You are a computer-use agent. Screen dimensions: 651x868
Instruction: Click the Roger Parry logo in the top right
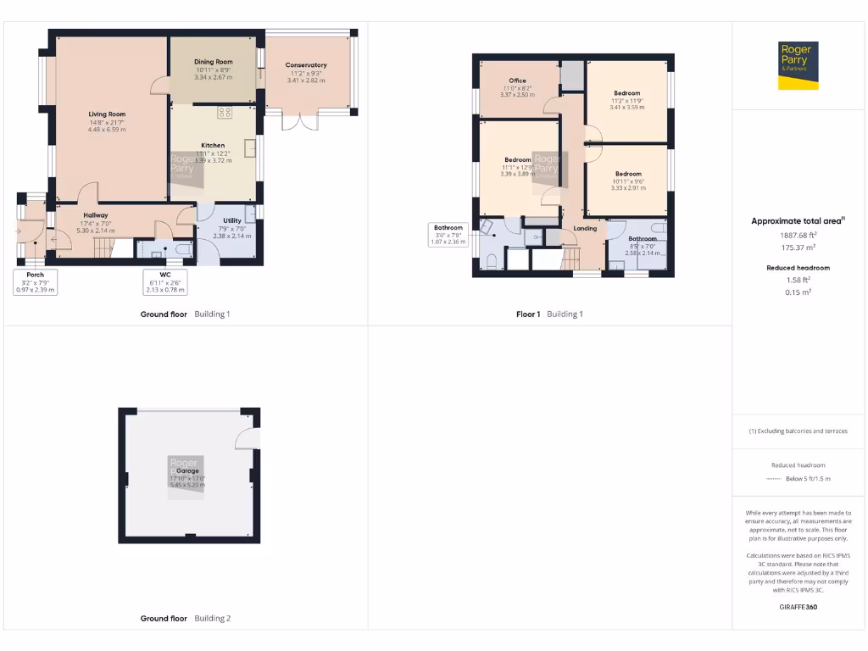pos(798,65)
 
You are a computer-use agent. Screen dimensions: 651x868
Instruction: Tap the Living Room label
pos(107,114)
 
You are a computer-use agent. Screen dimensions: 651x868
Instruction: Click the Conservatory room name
pos(306,65)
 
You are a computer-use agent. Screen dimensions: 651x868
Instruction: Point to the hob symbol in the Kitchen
pos(225,112)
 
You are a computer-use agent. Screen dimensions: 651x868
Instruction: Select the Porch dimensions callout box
pos(36,282)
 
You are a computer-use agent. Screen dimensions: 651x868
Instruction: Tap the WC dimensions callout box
pos(164,282)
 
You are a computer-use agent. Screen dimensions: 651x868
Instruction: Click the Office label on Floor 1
pos(517,81)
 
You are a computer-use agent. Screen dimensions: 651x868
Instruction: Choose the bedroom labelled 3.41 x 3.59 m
pos(627,93)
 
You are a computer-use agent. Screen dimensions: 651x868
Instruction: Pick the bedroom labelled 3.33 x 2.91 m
pos(628,174)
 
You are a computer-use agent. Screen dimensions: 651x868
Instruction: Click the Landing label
pos(585,228)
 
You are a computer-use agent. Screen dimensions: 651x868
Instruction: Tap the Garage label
pos(187,470)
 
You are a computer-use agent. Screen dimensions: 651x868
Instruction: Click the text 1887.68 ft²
pos(798,235)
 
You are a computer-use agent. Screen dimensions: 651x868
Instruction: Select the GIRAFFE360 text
pos(798,607)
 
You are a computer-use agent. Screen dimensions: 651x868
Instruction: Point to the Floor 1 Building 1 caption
pos(550,314)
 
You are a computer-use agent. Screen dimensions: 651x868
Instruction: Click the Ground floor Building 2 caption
pos(185,619)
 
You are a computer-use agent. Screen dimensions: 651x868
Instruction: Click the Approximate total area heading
pos(797,221)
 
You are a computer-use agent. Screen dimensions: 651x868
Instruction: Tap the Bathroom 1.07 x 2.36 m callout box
pos(448,234)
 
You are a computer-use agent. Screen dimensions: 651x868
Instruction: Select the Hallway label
pos(95,215)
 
